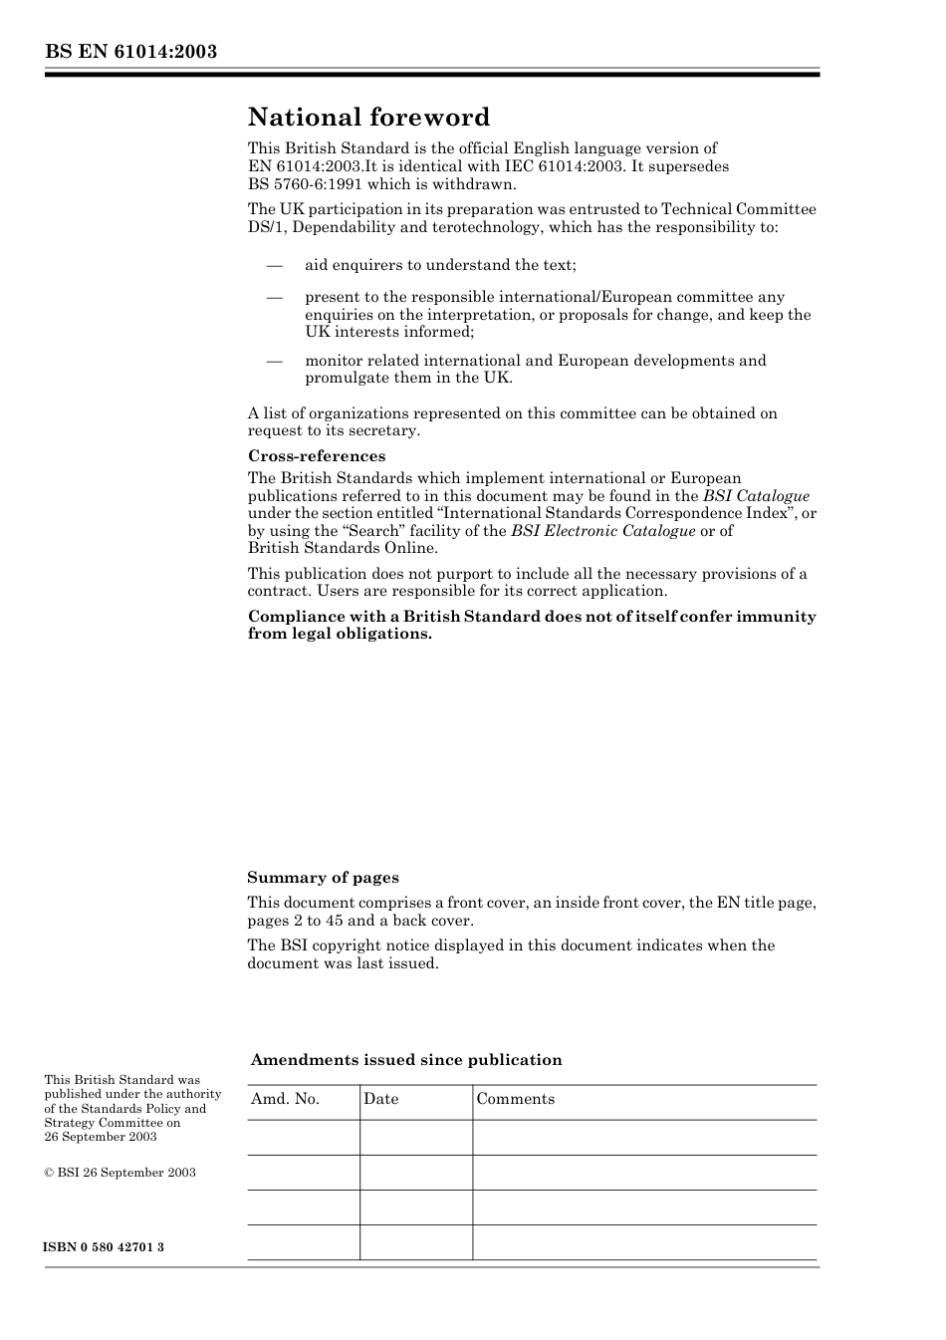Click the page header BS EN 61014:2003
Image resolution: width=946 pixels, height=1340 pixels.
point(130,52)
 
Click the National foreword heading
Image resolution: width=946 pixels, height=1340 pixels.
point(368,118)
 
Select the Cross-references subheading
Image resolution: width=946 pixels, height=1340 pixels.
point(317,456)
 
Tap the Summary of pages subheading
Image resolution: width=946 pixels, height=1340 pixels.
point(323,878)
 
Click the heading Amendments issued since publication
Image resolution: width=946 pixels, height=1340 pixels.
point(406,1060)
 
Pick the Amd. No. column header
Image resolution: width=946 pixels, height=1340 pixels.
point(285,1099)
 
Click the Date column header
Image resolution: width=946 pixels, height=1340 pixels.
point(380,1099)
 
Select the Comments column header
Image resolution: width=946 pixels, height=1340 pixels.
point(515,1099)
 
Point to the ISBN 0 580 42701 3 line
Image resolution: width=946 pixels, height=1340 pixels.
point(105,1247)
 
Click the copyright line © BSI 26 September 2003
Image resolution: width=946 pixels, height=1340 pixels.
point(119,1173)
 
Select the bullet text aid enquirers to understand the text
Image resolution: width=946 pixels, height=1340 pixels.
point(440,265)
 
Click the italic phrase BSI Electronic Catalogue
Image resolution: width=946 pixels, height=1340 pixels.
point(602,531)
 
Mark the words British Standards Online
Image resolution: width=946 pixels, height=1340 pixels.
point(342,548)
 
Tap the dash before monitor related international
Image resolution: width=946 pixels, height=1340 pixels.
point(274,361)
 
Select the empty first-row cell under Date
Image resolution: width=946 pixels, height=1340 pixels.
point(415,1138)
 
